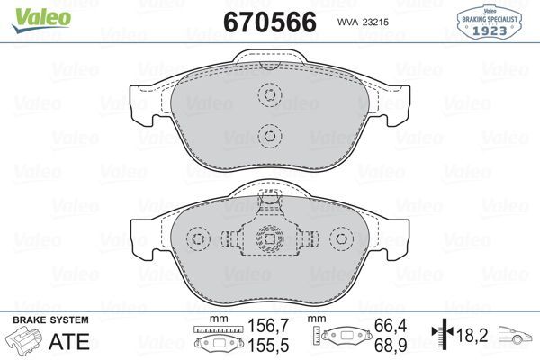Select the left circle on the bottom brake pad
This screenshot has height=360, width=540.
(199, 238)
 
